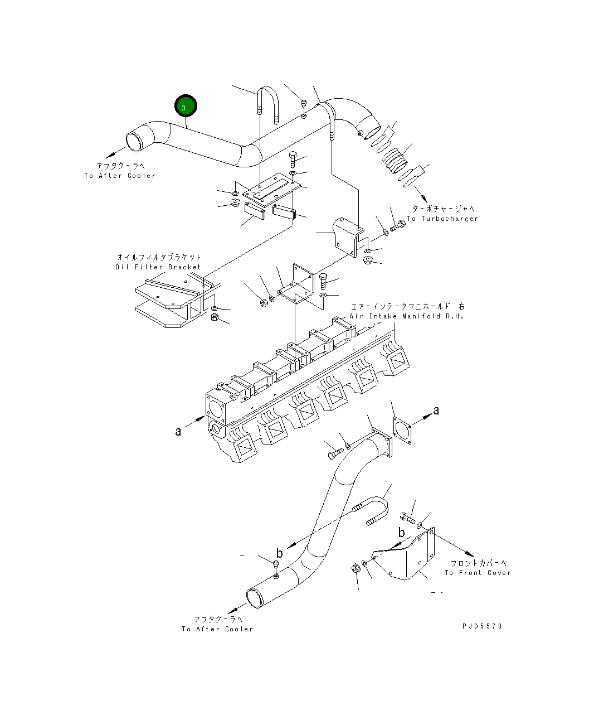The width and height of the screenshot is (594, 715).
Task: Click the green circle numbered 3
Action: coord(186,107)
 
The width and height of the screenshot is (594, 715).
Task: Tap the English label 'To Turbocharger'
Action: coord(442,219)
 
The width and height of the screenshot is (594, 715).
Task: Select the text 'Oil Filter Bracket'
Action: coord(158,267)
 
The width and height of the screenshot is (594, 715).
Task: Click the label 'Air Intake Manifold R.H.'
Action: coord(407,316)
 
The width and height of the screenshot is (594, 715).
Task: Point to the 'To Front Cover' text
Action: coord(477,573)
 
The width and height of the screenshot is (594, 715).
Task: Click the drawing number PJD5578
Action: coord(482,626)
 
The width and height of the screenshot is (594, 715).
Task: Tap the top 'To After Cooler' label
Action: coord(120,176)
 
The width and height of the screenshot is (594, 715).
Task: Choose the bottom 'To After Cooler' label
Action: coord(217,629)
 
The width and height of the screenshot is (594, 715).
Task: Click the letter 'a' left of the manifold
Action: coord(178,431)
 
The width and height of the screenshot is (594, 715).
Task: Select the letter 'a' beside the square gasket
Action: coord(436,411)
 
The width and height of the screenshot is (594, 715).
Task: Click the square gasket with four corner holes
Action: coord(402,431)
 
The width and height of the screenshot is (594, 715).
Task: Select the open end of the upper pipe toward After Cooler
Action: coord(136,142)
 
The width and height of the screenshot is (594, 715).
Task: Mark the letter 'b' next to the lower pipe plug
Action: coord(279,553)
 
